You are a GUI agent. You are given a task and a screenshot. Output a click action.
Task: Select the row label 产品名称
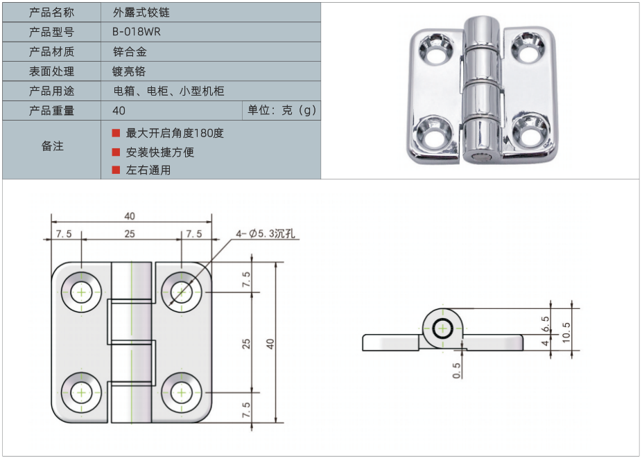coord(51,12)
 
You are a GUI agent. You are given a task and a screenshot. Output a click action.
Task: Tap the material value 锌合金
coord(130,52)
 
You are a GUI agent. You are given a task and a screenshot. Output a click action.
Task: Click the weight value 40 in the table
coord(119,111)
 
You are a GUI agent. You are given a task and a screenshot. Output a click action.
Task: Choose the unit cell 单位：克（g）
coord(281,111)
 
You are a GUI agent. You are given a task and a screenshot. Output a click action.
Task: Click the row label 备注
coord(52,146)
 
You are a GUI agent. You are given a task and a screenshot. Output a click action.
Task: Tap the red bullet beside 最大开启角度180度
coord(116,132)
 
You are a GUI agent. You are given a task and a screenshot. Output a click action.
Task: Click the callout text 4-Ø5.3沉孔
coord(266,234)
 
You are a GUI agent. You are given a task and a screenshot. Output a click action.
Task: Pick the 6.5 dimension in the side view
coord(545,323)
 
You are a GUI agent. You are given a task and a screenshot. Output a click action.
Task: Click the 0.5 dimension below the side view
coord(456,370)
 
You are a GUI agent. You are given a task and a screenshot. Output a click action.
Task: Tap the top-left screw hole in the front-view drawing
coord(82,292)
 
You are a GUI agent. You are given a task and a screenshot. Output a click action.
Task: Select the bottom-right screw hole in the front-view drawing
coord(181,393)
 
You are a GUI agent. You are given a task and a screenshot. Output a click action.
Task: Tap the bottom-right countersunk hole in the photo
coord(530,132)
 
